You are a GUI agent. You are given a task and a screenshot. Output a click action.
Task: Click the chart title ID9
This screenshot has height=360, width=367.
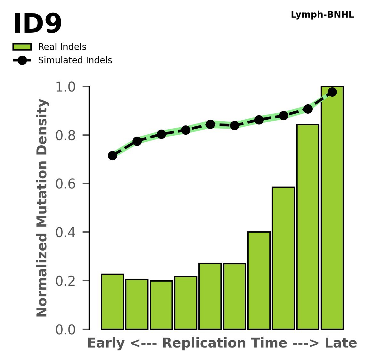37,24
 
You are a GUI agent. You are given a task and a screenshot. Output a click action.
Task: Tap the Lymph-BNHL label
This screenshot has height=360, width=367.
322,15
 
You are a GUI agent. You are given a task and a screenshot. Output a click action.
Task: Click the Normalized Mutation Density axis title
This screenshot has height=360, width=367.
42,208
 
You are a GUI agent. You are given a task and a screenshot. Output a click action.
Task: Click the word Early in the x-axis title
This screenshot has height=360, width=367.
106,343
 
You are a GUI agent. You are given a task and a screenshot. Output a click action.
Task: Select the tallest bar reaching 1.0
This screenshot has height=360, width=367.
332,208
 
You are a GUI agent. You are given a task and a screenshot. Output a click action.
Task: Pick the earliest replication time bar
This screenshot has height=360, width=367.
112,302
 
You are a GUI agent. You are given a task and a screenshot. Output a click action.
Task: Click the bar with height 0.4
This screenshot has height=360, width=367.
259,281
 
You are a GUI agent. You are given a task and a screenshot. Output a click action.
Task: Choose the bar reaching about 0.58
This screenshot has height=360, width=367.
283,258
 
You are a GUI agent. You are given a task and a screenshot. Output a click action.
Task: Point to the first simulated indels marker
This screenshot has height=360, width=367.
112,156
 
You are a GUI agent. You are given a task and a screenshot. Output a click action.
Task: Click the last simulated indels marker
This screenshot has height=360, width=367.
332,92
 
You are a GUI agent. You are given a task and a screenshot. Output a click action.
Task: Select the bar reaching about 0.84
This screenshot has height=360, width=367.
308,227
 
